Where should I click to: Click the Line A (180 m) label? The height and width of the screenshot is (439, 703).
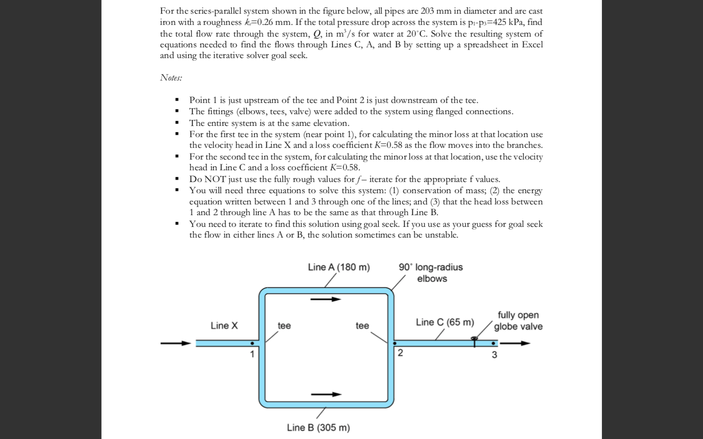point(338,267)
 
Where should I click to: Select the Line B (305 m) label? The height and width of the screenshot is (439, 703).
point(318,427)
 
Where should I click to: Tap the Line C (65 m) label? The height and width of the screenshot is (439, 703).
point(445,322)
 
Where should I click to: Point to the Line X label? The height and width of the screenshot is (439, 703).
point(224,325)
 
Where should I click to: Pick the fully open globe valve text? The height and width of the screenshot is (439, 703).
point(518,321)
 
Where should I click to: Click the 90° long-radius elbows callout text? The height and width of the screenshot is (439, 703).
point(431,273)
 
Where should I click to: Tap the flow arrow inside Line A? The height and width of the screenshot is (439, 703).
point(326,299)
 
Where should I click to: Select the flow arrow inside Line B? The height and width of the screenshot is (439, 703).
point(326,394)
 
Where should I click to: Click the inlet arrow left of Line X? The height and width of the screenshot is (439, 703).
point(176,343)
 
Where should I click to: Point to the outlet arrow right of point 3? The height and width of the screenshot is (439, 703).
point(515,343)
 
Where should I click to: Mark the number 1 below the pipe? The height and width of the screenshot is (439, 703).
point(252,355)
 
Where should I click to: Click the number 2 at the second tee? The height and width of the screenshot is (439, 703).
point(400,353)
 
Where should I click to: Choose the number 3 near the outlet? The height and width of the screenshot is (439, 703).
point(494,355)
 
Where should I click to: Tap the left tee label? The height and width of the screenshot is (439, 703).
point(284,325)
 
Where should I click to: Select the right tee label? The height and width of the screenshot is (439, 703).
point(362,325)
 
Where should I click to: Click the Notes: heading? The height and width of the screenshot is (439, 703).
point(171,78)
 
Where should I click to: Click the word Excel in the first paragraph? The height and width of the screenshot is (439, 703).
point(532,44)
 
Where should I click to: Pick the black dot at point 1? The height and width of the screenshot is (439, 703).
point(252,343)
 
